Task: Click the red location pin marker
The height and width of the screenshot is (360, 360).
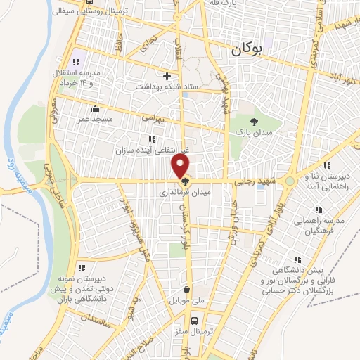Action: click(181, 166)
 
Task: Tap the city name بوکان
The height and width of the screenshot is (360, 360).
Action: click(246, 49)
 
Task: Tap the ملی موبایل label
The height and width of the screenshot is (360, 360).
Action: click(186, 300)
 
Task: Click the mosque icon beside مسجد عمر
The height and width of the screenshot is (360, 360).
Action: click(96, 109)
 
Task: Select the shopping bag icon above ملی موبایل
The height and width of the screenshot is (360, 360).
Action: click(186, 289)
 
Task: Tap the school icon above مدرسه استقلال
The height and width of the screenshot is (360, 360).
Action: click(75, 62)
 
